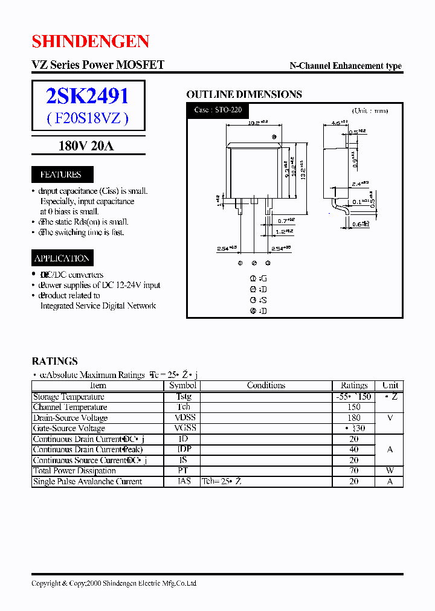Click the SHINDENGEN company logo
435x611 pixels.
pyautogui.click(x=91, y=41)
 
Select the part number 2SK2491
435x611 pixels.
pyautogui.click(x=88, y=96)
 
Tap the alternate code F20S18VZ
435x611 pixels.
pyautogui.click(x=88, y=118)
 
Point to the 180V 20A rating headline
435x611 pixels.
pyautogui.click(x=86, y=146)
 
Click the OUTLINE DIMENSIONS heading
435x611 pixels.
pyautogui.click(x=243, y=94)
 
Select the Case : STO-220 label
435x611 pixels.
pyautogui.click(x=217, y=110)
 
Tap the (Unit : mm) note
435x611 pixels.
pyautogui.click(x=369, y=110)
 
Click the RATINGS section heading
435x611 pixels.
pyautogui.click(x=54, y=361)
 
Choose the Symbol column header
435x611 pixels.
pyautogui.click(x=182, y=385)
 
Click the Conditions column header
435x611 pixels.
pyautogui.click(x=266, y=385)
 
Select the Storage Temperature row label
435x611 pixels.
pyautogui.click(x=68, y=397)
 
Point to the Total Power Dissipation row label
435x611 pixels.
pyautogui.click(x=74, y=471)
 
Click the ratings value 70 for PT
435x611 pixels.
pyautogui.click(x=353, y=471)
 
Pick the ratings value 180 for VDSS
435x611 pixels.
pyautogui.click(x=353, y=418)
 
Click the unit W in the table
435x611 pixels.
pyautogui.click(x=390, y=471)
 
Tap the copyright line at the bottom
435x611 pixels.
pyautogui.click(x=114, y=583)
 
